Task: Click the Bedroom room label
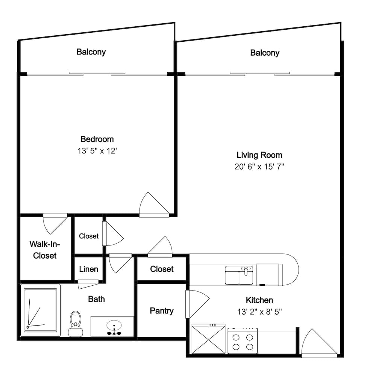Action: pos(97,139)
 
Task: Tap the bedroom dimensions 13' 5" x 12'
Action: pos(97,151)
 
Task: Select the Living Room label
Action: pos(259,155)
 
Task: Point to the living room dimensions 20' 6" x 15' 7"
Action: pos(259,167)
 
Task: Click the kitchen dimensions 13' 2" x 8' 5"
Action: pos(259,312)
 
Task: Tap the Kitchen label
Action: pos(259,300)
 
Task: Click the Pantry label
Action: pos(162,311)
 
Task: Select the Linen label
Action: pos(88,269)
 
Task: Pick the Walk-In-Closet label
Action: pos(45,250)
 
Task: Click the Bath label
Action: pos(96,299)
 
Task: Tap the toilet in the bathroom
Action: pos(76,324)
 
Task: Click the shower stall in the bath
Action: pos(40,310)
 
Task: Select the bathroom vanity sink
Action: pos(114,328)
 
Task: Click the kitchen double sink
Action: pos(239,275)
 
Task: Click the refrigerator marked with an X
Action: pos(208,339)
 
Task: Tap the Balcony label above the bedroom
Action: pos(91,52)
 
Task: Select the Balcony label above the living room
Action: pos(265,53)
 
